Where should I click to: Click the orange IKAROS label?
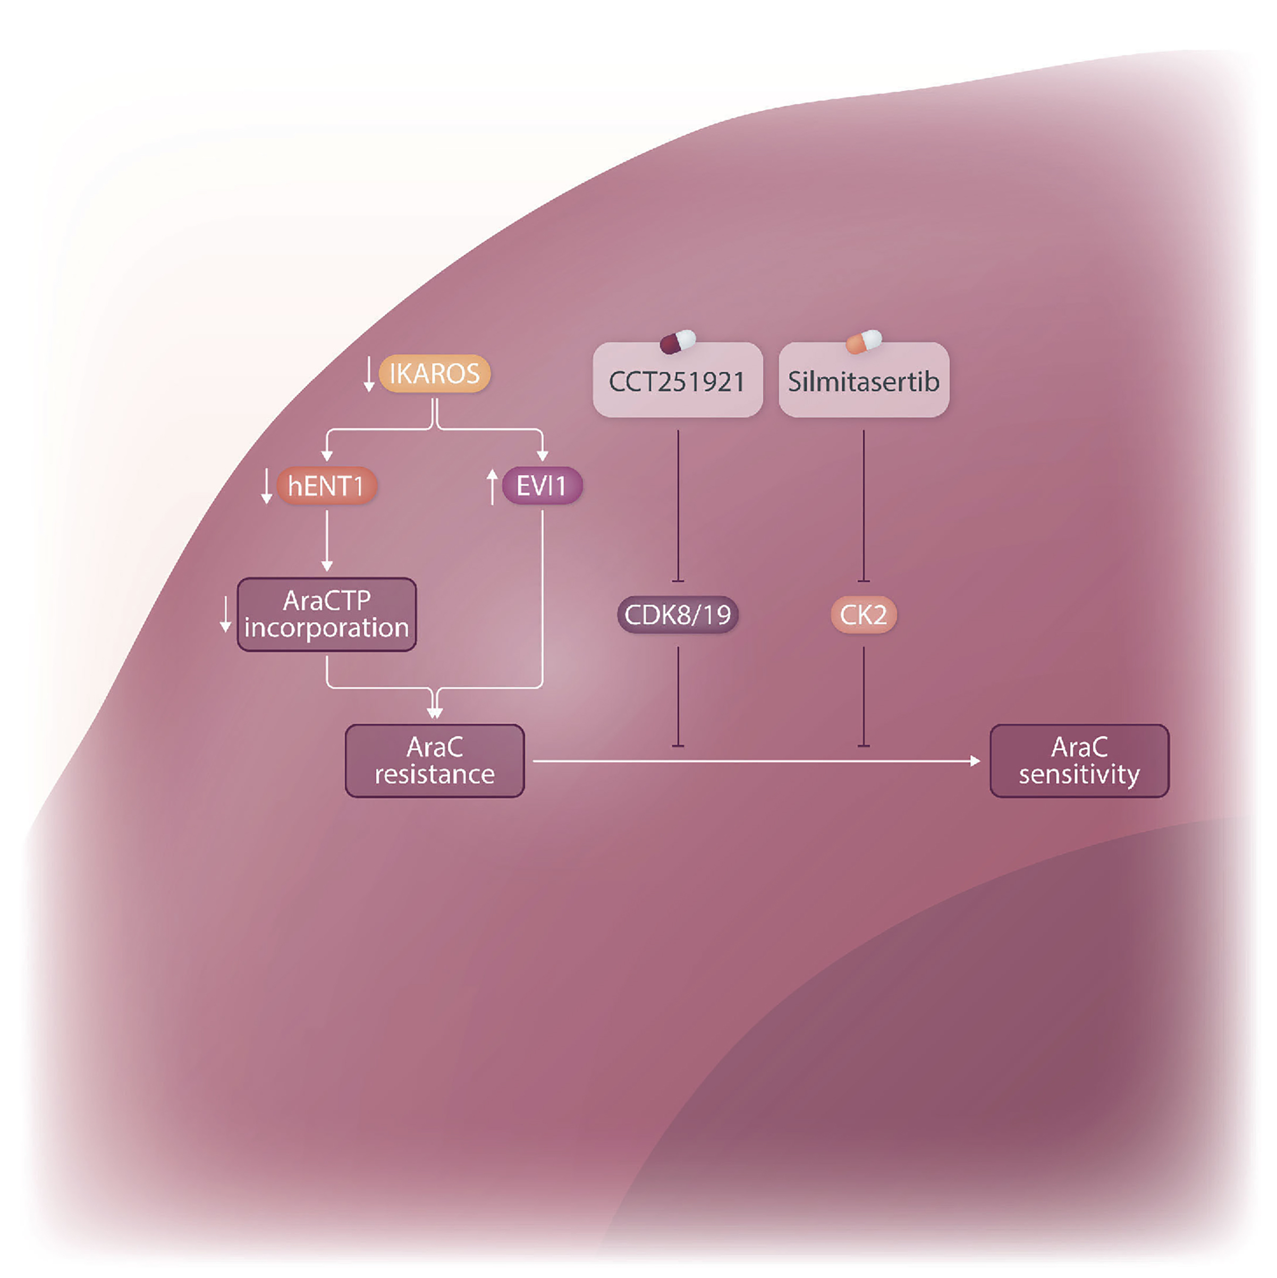pyautogui.click(x=434, y=374)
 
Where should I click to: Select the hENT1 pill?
pyautogui.click(x=327, y=486)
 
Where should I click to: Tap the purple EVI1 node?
pyautogui.click(x=542, y=486)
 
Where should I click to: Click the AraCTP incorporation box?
pyautogui.click(x=327, y=614)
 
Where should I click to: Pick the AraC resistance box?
pyautogui.click(x=434, y=761)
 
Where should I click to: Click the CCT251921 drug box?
pyautogui.click(x=677, y=381)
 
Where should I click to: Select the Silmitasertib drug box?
pyautogui.click(x=864, y=381)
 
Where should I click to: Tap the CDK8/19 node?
pyautogui.click(x=677, y=614)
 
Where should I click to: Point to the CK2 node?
pyautogui.click(x=864, y=614)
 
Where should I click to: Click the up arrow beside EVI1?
pyautogui.click(x=492, y=487)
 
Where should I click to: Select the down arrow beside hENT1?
pyautogui.click(x=266, y=487)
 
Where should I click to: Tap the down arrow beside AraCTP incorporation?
pyautogui.click(x=225, y=614)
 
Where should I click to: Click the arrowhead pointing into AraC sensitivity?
pyautogui.click(x=975, y=761)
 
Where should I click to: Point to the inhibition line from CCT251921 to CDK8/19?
pyautogui.click(x=678, y=506)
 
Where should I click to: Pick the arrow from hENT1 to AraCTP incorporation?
pyautogui.click(x=327, y=539)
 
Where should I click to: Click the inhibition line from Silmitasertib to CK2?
pyautogui.click(x=864, y=506)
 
